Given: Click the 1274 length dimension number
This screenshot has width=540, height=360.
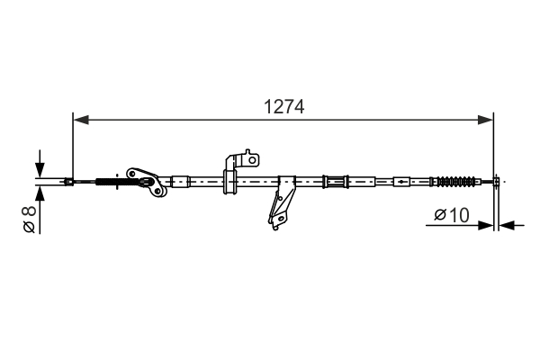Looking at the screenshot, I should tap(283, 106).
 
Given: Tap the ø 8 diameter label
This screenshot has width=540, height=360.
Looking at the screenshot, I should tap(29, 220).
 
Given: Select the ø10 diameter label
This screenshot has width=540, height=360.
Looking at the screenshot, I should tap(452, 215).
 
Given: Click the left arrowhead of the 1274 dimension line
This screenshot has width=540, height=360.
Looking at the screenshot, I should tap(78, 117).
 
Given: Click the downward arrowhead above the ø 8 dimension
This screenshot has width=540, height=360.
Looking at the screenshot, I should tap(39, 171).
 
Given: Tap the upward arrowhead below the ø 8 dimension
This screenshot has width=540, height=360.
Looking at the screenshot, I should tap(39, 196).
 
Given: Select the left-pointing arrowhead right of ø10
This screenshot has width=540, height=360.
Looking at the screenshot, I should tap(505, 224).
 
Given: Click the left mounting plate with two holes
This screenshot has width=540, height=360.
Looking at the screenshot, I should tap(146, 180).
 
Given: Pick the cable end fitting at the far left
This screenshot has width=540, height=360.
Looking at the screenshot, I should tap(69, 183).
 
